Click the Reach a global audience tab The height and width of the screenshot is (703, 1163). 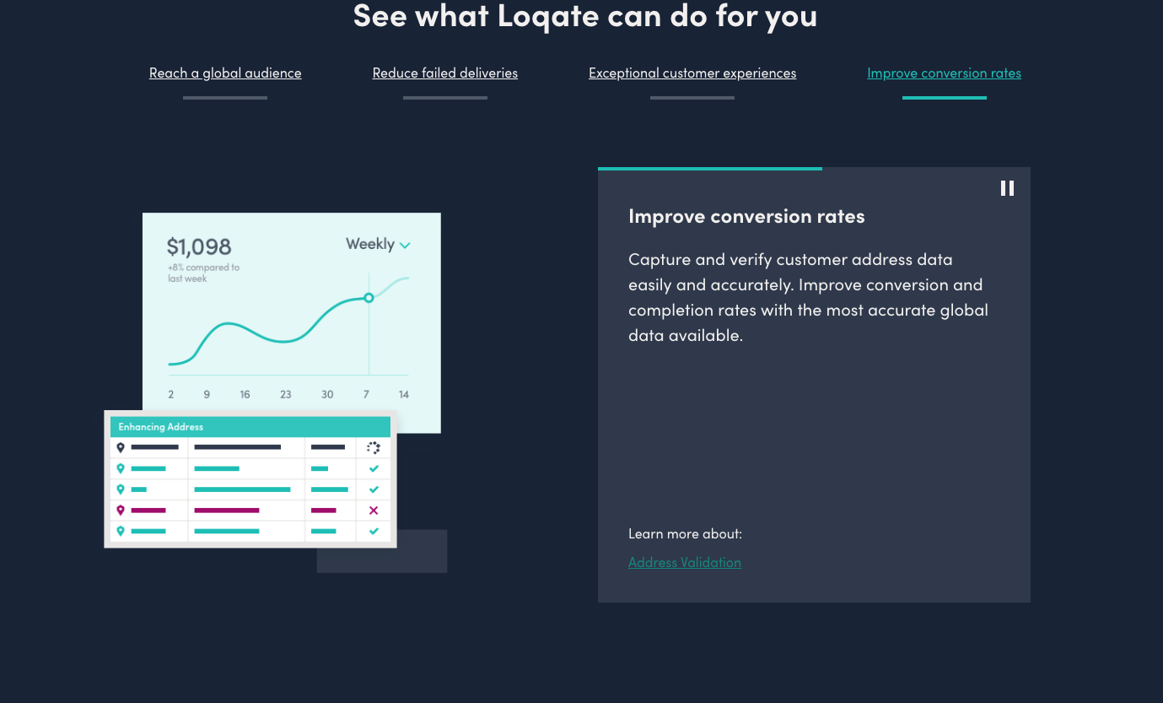(225, 73)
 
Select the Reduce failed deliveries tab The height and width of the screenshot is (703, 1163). (445, 73)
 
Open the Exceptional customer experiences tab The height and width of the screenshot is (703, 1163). (692, 73)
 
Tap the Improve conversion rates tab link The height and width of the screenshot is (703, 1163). (944, 73)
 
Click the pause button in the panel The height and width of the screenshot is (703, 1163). (1007, 188)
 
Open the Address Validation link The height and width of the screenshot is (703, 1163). (684, 562)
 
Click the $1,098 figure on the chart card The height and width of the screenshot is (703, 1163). (199, 246)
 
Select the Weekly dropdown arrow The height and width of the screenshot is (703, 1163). (405, 246)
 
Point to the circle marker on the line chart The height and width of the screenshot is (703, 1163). (369, 298)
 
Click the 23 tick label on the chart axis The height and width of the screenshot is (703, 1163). (286, 394)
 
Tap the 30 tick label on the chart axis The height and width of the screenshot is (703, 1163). (327, 394)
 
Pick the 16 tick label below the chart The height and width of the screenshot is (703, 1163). (245, 394)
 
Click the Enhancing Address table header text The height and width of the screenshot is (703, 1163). (160, 426)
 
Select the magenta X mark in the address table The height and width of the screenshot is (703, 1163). (374, 511)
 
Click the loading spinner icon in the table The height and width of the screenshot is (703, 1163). (374, 447)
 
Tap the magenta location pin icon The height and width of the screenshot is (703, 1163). (121, 511)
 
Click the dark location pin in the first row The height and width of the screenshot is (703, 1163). (121, 447)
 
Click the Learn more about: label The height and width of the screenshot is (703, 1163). (685, 533)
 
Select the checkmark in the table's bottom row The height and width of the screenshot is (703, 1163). (374, 531)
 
